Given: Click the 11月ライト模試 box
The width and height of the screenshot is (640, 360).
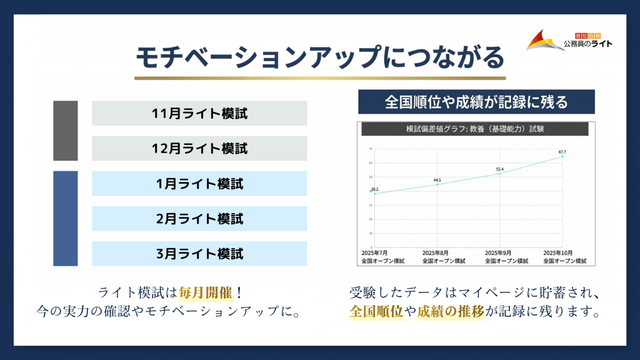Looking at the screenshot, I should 199,114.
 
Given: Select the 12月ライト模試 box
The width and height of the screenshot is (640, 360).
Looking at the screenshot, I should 199,149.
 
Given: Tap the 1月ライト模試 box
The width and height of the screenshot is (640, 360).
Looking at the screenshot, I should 199,184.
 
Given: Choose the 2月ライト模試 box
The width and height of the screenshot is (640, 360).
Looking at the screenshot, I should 199,219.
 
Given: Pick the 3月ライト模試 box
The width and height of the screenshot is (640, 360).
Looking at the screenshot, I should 199,254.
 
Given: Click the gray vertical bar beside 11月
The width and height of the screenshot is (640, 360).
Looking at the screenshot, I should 66,131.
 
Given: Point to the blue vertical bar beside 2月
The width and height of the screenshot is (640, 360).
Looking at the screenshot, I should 66,219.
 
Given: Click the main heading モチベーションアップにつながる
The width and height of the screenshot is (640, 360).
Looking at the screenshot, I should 319,57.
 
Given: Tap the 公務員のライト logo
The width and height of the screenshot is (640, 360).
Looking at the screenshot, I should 569,41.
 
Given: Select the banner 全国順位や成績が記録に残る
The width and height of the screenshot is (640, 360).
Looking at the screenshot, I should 476,102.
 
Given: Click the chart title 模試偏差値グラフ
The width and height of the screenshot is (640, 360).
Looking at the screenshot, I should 473,129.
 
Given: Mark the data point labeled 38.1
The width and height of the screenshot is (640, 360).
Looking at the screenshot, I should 374,194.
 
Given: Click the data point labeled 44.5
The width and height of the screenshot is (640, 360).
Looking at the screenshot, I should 437,184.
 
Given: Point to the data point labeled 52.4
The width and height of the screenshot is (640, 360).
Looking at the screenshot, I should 499,174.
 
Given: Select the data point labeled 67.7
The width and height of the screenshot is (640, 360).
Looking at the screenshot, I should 562,156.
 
